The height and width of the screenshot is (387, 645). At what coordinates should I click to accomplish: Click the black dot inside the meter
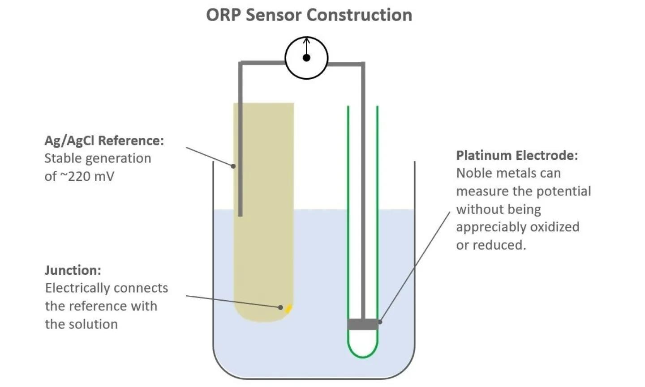[306, 58]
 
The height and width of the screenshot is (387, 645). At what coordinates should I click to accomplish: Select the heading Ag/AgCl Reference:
[104, 140]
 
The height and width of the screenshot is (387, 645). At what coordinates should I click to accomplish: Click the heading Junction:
[73, 270]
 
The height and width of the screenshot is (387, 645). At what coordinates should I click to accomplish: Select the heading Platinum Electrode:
[517, 155]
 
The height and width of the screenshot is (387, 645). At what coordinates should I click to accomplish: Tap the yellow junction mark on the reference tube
[289, 308]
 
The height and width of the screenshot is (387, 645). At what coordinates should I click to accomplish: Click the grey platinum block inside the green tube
[363, 324]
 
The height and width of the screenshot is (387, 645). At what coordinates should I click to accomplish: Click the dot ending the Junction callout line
[280, 307]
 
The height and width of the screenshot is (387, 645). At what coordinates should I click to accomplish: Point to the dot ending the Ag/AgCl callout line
[233, 166]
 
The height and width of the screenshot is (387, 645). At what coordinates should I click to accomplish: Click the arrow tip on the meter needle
[306, 39]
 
